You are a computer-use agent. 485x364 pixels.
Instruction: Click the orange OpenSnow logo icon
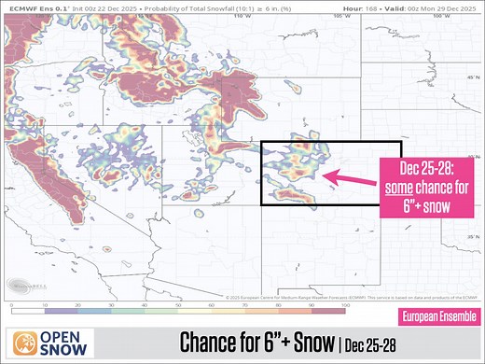(x=22, y=340)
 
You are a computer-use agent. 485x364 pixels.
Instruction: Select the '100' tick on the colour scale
(x=346, y=305)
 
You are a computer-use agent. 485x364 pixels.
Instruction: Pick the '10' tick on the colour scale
(x=45, y=305)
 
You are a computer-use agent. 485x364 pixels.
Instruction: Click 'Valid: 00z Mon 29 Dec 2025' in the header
(x=437, y=7)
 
